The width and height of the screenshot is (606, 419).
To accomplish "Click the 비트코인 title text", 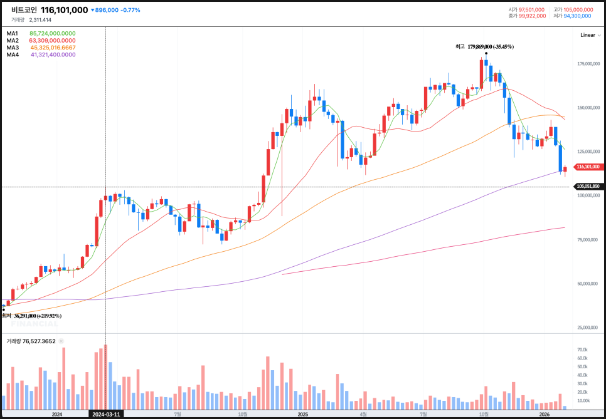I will (x=24, y=10).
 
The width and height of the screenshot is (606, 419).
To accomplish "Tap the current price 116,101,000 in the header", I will (x=64, y=10).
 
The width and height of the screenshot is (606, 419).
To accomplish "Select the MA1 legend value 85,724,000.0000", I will (x=53, y=33).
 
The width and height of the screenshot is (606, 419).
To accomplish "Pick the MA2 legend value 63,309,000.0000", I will (x=53, y=40).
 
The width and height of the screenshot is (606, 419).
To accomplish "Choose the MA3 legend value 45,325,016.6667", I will (x=53, y=48).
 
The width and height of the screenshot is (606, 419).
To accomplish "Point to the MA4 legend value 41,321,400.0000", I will (x=53, y=54).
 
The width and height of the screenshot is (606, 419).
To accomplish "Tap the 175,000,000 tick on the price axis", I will (x=588, y=64).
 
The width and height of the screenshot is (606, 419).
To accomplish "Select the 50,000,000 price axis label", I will (x=589, y=284).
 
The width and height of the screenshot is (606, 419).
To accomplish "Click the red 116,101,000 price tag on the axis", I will (x=588, y=167).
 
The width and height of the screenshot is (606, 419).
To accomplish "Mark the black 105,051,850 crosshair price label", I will (x=588, y=186).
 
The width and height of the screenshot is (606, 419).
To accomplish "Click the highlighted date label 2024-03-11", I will (x=105, y=414).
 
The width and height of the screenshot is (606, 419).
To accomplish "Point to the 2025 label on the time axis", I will (x=302, y=414).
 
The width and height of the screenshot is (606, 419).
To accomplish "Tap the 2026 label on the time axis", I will (x=545, y=414).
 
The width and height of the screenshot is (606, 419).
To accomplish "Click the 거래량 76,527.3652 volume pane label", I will (x=31, y=341).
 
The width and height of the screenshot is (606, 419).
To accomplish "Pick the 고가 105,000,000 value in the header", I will (x=571, y=9).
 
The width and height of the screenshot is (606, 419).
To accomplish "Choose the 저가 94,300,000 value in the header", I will (x=571, y=16).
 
